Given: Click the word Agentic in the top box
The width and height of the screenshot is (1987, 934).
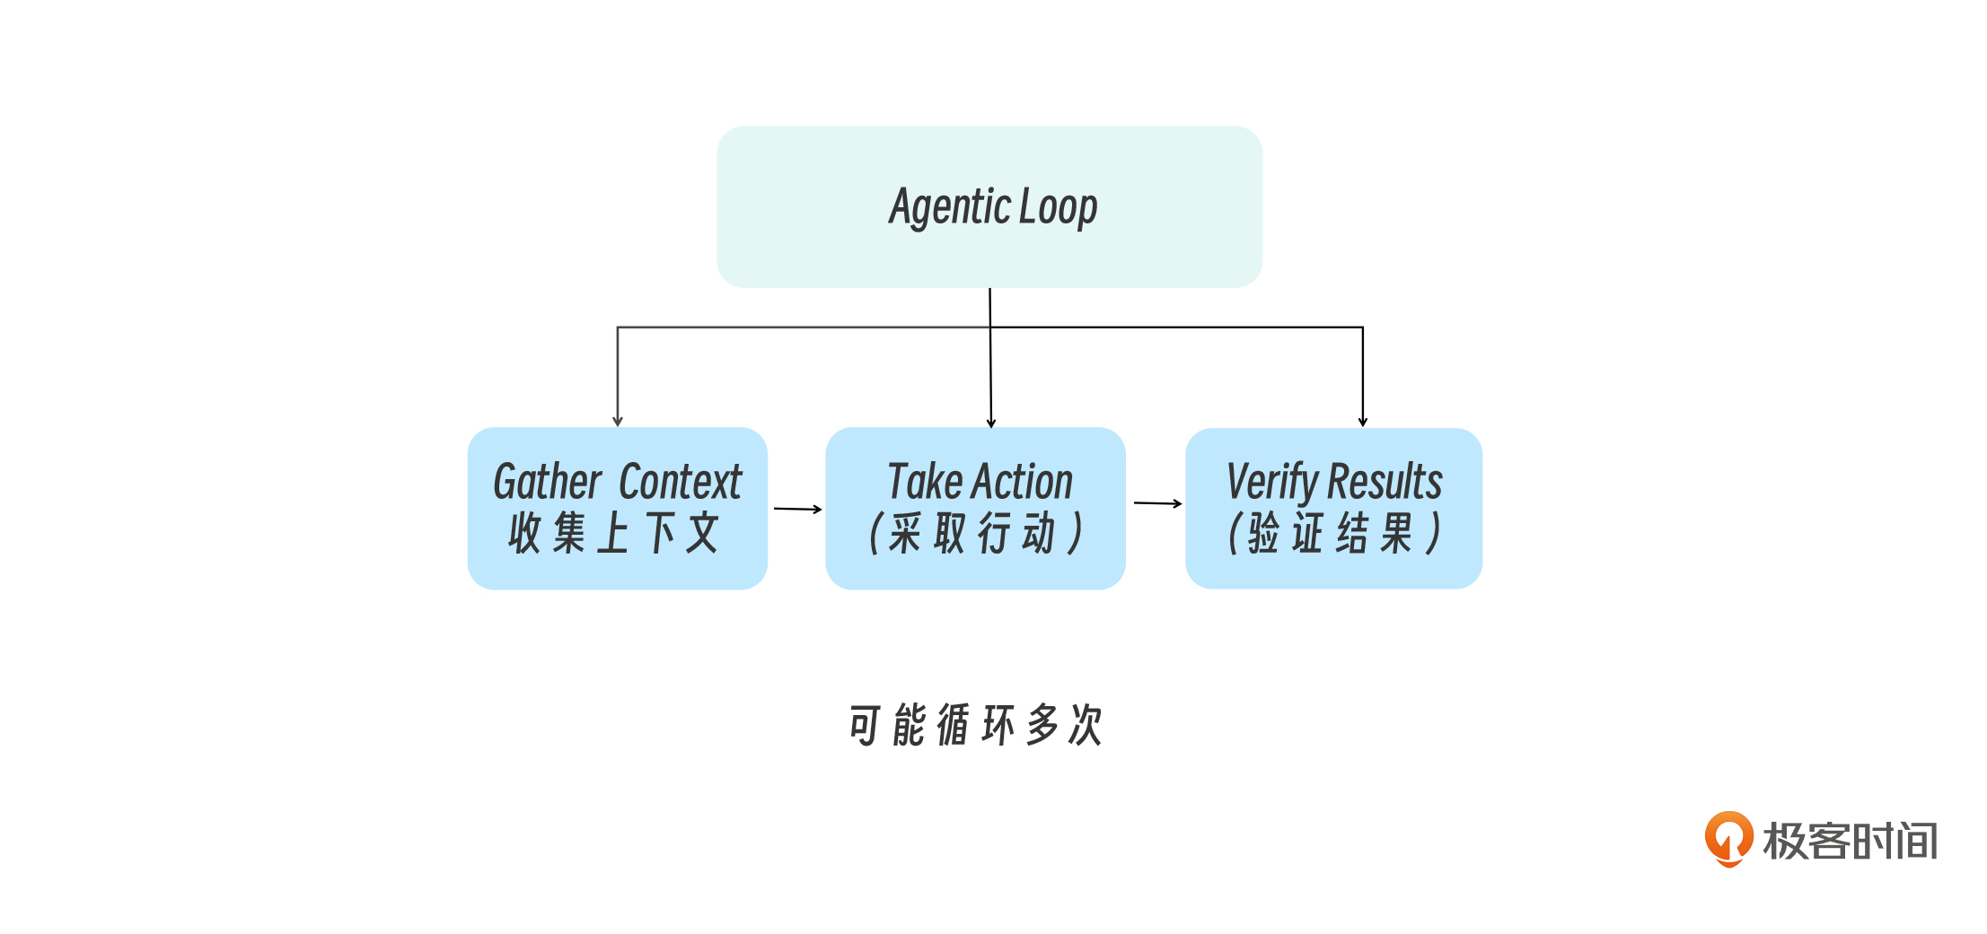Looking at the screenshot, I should (x=950, y=207).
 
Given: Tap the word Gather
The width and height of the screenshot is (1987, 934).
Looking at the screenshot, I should (x=547, y=482).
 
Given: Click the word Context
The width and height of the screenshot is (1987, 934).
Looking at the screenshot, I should (x=681, y=482).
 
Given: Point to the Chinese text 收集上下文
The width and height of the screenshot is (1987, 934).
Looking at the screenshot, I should (x=614, y=533).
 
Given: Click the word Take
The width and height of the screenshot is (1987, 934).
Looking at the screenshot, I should (x=924, y=482).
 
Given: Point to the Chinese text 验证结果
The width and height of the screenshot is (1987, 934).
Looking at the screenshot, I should (x=1329, y=534).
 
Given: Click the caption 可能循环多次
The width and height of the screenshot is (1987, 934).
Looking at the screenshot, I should (x=975, y=725).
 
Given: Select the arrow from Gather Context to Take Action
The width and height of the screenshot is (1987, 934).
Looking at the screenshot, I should (x=797, y=509).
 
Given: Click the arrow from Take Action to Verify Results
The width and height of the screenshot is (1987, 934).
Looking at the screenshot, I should (x=1157, y=503).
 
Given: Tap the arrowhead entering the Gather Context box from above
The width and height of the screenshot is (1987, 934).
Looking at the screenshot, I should (x=618, y=421).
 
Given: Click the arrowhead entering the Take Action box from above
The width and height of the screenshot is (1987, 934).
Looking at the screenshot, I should (x=991, y=423).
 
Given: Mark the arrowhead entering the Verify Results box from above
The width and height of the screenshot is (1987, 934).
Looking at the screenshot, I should (x=1363, y=421).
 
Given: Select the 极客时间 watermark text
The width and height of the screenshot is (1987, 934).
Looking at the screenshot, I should (x=1851, y=842).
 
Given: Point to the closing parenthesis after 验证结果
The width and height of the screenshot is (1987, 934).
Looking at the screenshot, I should (x=1434, y=534).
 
